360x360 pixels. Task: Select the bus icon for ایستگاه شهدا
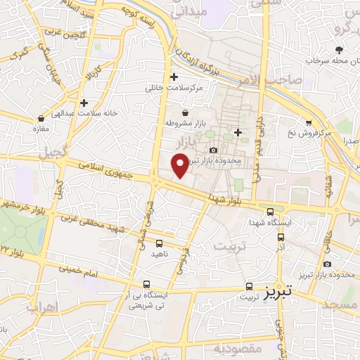coord(270,211)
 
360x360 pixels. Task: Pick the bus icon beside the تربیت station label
coord(249,286)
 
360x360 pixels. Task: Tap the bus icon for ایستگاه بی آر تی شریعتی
coord(146,284)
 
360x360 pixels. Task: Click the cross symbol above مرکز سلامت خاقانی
coord(174,77)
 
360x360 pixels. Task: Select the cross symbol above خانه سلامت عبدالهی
coord(84,103)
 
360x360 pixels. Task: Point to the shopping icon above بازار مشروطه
coord(185,112)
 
